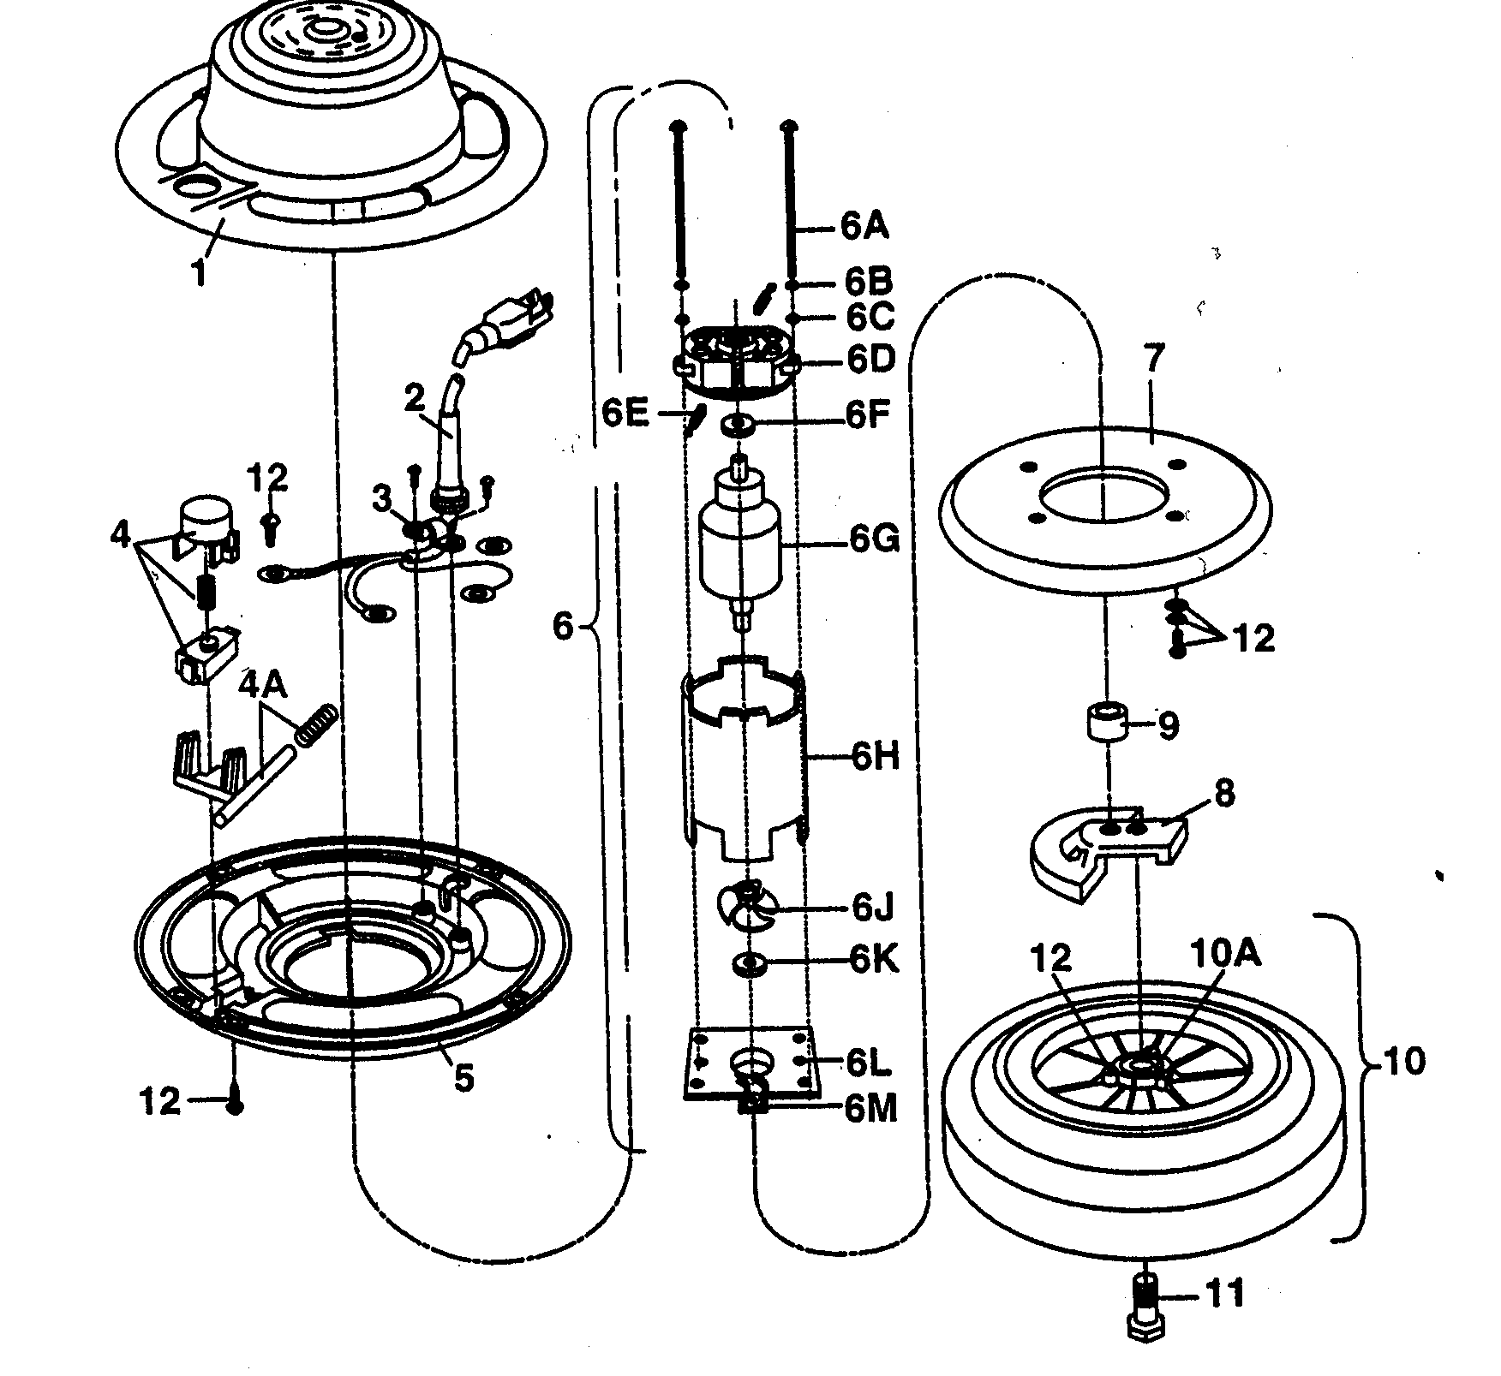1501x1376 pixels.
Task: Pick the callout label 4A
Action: click(x=263, y=688)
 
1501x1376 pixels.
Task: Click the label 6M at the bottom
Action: click(x=870, y=1110)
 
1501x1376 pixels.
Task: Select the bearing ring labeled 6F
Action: click(x=739, y=424)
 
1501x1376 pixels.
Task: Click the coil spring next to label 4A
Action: click(x=315, y=724)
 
